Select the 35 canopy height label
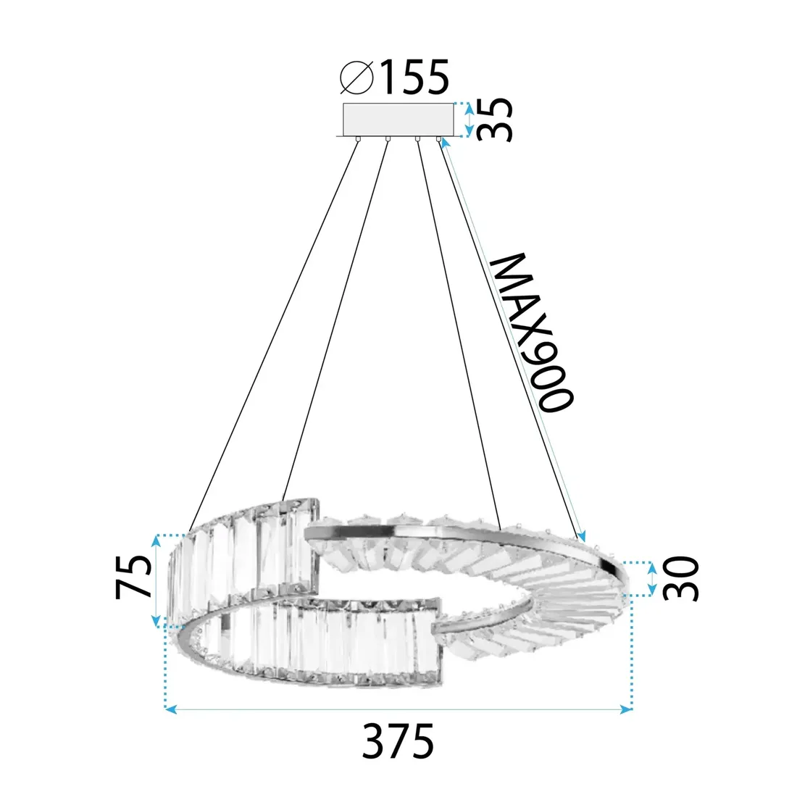tap(497, 119)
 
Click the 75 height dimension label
tap(134, 577)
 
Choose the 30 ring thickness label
tap(682, 578)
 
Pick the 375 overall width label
tap(398, 740)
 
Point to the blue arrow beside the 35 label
tap(468, 119)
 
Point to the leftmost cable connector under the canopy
tap(360, 138)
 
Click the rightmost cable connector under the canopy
tap(438, 138)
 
